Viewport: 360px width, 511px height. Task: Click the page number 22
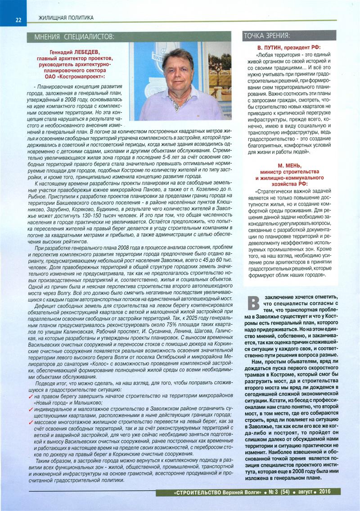click(x=18, y=19)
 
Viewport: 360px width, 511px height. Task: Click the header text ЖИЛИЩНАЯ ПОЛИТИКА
click(x=66, y=18)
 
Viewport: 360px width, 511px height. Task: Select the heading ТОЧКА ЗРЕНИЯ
click(x=266, y=36)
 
